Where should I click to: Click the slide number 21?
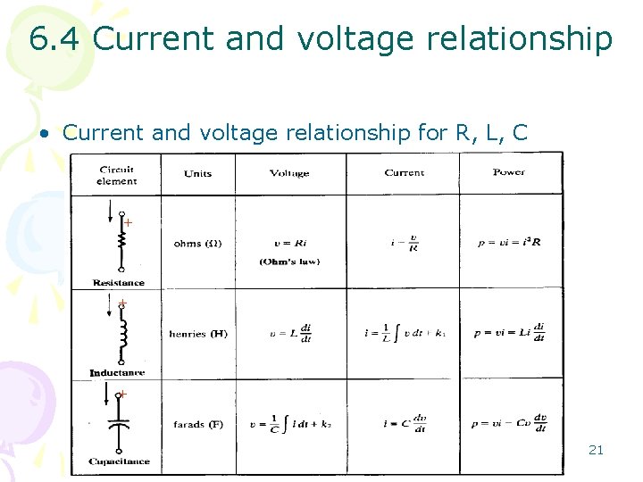(596, 450)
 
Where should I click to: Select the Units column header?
(197, 173)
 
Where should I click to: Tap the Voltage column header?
(289, 173)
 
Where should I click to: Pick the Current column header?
(404, 172)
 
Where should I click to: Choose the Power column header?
(509, 172)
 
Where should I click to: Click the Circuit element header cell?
(117, 175)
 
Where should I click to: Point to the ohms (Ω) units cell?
(198, 243)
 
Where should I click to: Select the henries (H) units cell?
(198, 334)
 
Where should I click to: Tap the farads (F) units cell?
(198, 425)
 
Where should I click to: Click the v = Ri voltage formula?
(289, 242)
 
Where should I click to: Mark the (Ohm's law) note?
(289, 262)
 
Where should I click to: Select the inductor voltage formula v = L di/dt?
(290, 332)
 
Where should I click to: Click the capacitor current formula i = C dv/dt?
(403, 425)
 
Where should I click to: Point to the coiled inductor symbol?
(121, 334)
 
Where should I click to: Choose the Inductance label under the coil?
(117, 372)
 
